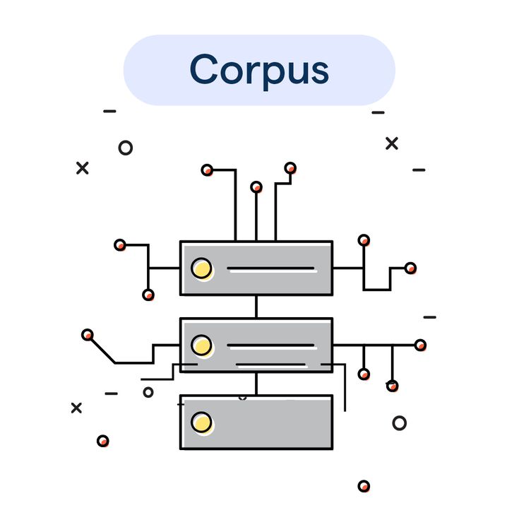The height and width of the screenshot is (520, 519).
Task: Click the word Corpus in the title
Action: [x=259, y=70]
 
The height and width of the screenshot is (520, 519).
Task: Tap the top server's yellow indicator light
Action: [x=201, y=268]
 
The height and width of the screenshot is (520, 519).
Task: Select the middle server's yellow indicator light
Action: [x=201, y=345]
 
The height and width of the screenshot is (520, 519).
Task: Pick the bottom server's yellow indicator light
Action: [x=201, y=422]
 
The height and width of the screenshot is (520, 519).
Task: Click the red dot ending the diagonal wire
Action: [x=88, y=334]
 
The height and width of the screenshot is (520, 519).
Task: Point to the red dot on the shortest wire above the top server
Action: [x=256, y=187]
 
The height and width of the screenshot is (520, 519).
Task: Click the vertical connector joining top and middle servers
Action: [x=256, y=307]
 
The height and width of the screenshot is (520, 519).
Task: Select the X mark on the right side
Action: [x=392, y=143]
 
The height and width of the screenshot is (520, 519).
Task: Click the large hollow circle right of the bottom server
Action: [x=400, y=422]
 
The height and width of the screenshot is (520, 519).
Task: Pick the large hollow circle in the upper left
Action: [x=126, y=148]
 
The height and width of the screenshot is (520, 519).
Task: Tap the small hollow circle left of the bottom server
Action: [x=148, y=392]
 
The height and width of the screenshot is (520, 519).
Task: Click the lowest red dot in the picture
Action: [x=364, y=485]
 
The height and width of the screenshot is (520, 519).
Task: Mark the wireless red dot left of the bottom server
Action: [x=103, y=441]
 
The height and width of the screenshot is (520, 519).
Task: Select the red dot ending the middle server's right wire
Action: [x=420, y=345]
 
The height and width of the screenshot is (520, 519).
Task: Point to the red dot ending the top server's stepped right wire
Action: [x=410, y=268]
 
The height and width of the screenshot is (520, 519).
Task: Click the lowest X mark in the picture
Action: [x=76, y=408]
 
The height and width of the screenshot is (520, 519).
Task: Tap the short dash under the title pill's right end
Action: [x=378, y=112]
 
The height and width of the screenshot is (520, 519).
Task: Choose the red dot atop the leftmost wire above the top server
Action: [x=207, y=170]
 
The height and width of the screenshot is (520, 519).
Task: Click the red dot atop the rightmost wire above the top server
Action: [x=290, y=167]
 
